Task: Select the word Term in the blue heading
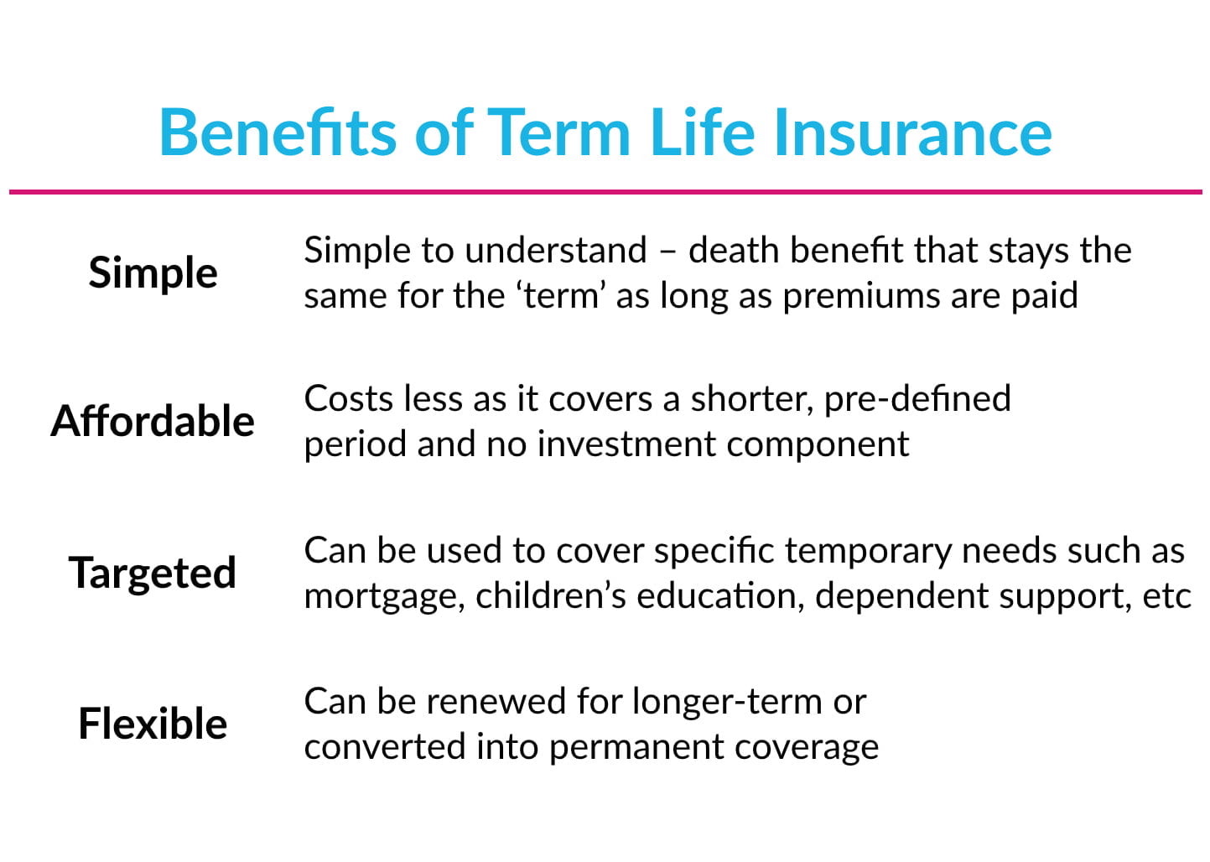click(x=558, y=132)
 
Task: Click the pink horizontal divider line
click(x=605, y=192)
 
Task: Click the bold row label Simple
click(x=153, y=273)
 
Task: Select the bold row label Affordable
click(x=153, y=421)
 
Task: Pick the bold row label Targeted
click(x=153, y=574)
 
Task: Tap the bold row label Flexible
click(x=153, y=724)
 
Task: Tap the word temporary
click(x=867, y=552)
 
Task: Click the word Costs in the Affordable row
click(x=348, y=399)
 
